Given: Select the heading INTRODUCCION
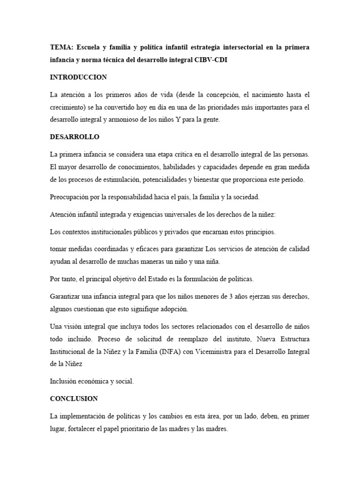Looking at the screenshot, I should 78,77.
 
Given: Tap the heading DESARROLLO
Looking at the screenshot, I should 75,137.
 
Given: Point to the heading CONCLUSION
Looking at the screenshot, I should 74,398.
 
